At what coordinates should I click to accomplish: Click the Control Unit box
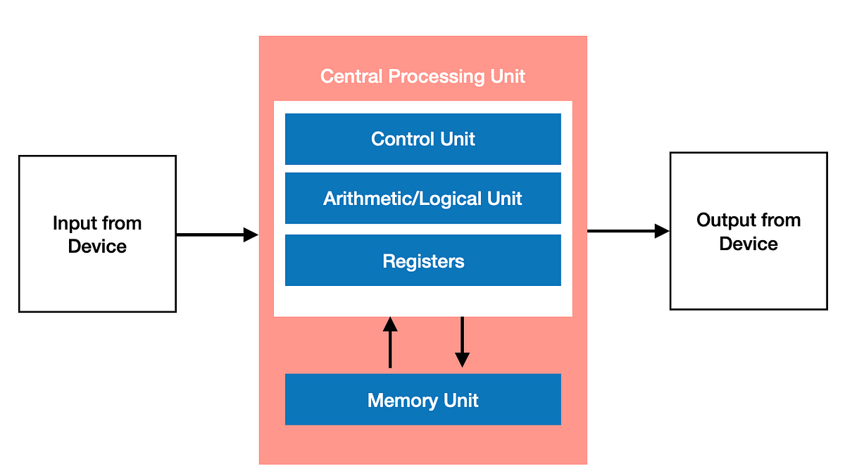coord(423,139)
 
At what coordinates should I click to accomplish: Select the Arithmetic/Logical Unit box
coord(423,198)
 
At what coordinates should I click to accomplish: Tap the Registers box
coord(423,261)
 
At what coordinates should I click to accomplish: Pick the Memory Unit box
coord(423,399)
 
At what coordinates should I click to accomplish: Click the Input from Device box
coord(97,234)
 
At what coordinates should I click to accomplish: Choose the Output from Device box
coord(749,231)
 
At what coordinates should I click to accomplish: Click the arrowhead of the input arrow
coord(251,235)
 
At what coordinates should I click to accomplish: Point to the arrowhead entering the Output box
coord(662,231)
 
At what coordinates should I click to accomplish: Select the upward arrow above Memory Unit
coord(390,342)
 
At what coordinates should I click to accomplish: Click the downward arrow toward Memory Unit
coord(462,342)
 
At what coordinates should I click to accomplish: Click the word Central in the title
coord(351,76)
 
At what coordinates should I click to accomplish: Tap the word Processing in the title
coord(437,77)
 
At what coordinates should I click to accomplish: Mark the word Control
coord(403,139)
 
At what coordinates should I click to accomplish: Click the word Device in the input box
coord(97,247)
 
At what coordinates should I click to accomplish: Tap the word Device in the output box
coord(749,244)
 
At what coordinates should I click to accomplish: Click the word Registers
coord(423,261)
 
